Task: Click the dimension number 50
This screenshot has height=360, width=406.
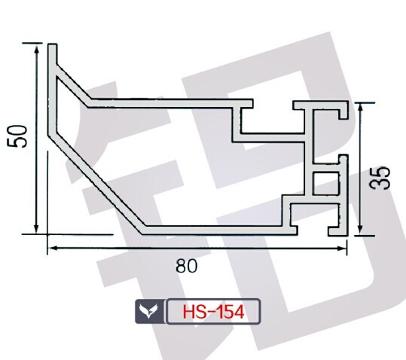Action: pyautogui.click(x=17, y=136)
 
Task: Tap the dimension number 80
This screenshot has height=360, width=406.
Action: pyautogui.click(x=187, y=266)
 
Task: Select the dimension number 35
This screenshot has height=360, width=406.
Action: pyautogui.click(x=380, y=178)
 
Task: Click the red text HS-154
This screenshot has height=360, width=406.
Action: pyautogui.click(x=213, y=312)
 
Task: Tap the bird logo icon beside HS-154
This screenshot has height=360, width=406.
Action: pyautogui.click(x=149, y=311)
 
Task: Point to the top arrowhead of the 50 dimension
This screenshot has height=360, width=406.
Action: pyautogui.click(x=36, y=49)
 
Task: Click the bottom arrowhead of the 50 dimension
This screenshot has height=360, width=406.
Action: pyautogui.click(x=36, y=227)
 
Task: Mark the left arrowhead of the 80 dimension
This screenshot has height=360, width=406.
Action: pyautogui.click(x=53, y=249)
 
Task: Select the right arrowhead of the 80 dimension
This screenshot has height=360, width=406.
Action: pyautogui.click(x=342, y=249)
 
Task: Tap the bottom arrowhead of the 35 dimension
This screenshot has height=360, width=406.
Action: pyautogui.click(x=360, y=230)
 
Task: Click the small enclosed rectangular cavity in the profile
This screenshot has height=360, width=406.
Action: pyautogui.click(x=326, y=183)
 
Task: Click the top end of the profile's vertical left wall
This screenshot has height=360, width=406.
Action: pyautogui.click(x=52, y=44)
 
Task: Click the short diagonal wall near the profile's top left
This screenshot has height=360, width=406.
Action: pyautogui.click(x=72, y=85)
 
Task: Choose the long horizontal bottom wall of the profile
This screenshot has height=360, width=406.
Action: pyautogui.click(x=220, y=230)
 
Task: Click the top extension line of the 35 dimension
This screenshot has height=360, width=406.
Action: pyautogui.click(x=365, y=102)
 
